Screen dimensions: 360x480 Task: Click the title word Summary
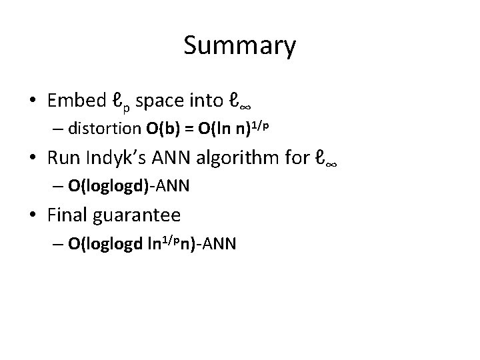tap(239, 47)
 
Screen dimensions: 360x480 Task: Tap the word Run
tap(63, 158)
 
